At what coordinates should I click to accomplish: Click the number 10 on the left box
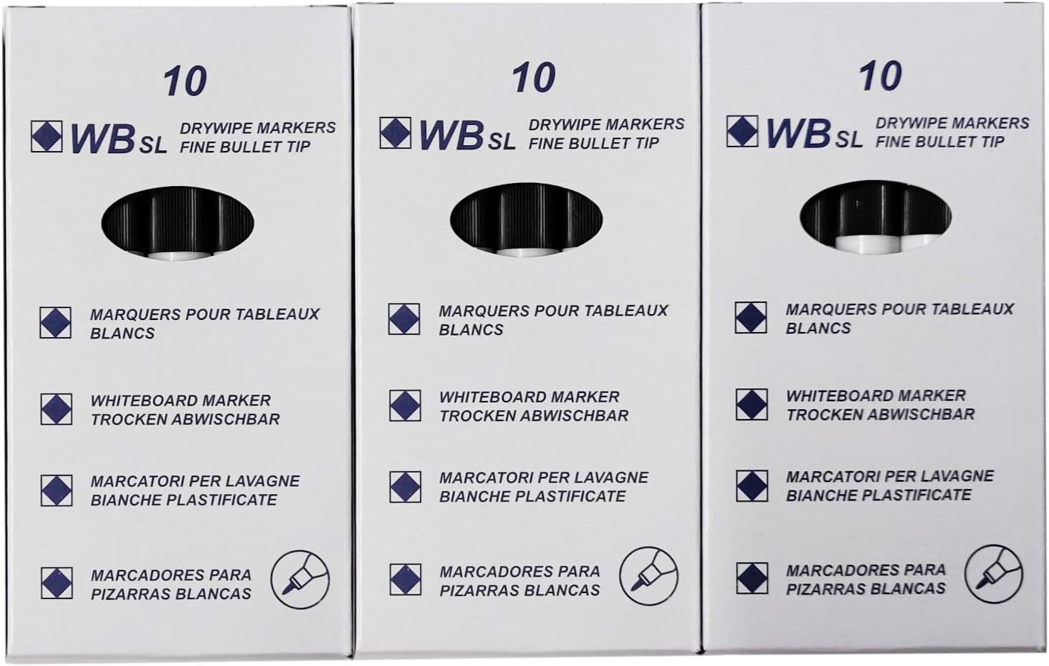click(x=185, y=81)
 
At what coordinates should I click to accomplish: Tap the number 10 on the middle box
click(x=533, y=77)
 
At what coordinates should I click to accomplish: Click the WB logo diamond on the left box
click(x=46, y=136)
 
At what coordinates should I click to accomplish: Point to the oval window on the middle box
click(x=527, y=220)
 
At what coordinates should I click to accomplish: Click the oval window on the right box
click(x=875, y=217)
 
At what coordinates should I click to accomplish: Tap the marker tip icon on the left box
click(x=300, y=580)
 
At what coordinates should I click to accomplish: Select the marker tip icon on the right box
click(x=993, y=574)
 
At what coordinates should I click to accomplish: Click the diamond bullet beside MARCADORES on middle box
click(x=405, y=580)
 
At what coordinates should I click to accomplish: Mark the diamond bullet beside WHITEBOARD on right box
click(x=751, y=404)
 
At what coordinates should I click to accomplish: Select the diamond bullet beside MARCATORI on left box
click(x=57, y=490)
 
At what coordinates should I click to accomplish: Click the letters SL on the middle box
click(x=501, y=142)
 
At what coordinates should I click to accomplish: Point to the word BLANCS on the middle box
click(x=471, y=330)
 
